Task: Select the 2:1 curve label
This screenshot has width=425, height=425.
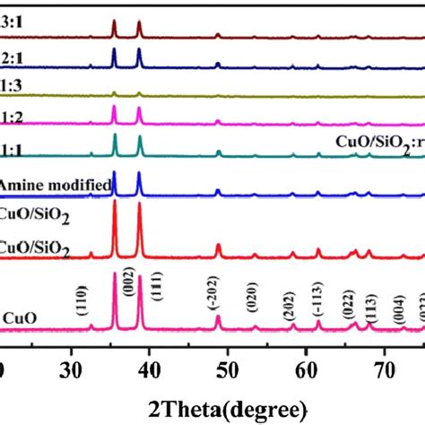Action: click(x=8, y=53)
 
